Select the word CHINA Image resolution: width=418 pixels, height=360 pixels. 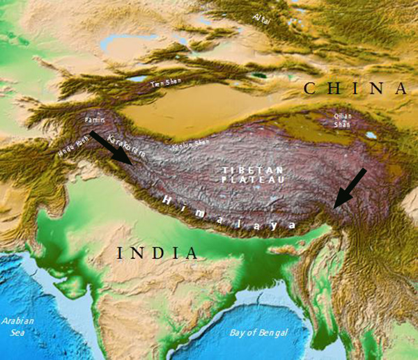click(x=355, y=88)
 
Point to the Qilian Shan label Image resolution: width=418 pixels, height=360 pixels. click(x=341, y=120)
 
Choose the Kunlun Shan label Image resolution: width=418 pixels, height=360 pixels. click(x=190, y=145)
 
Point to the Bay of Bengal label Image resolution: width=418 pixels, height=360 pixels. click(x=257, y=331)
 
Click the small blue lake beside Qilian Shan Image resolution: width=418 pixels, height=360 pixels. click(x=371, y=135)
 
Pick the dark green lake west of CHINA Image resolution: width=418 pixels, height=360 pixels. click(x=259, y=75)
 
